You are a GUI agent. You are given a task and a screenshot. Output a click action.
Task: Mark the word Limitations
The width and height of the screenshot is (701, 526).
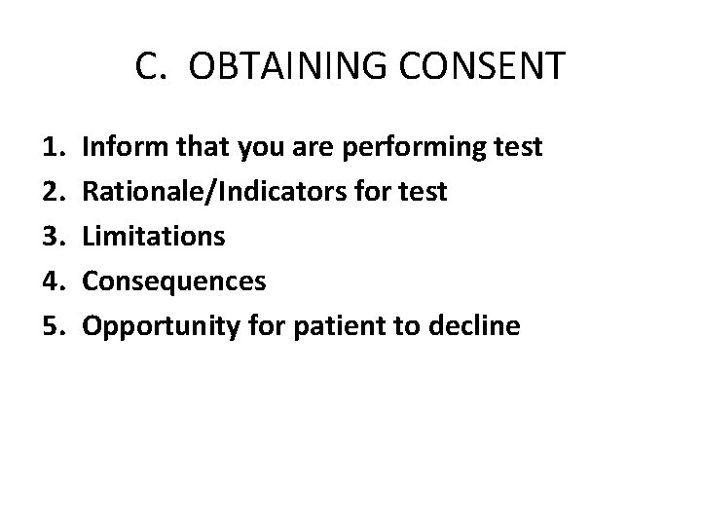tap(154, 237)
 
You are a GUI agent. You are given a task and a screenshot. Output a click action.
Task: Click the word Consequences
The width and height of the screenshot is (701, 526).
tap(173, 282)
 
